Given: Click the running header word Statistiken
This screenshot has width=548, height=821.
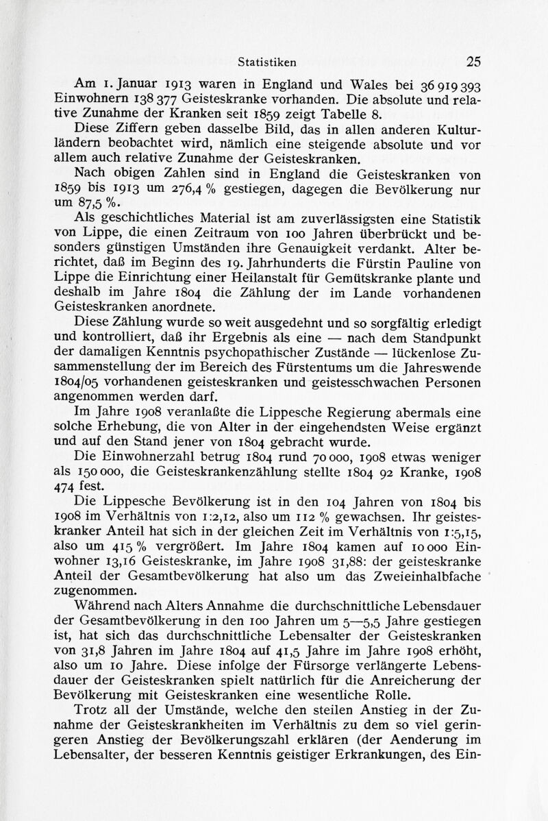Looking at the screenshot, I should (x=267, y=61).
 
